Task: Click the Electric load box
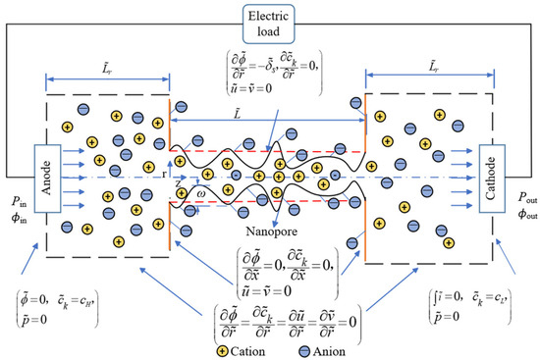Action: [x=270, y=23]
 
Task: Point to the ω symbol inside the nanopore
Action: [x=200, y=191]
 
